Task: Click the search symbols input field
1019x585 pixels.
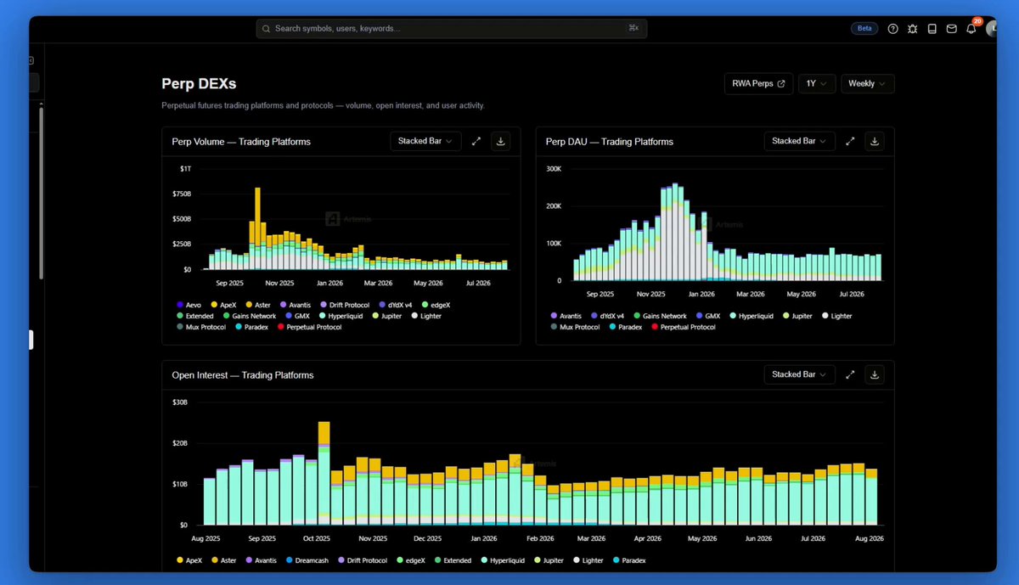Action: pos(451,29)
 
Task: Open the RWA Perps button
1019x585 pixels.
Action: pos(758,84)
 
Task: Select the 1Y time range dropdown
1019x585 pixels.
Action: pos(817,84)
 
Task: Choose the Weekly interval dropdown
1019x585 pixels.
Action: pos(867,84)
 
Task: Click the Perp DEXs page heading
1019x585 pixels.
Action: pos(199,84)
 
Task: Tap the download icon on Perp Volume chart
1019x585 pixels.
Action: pos(500,142)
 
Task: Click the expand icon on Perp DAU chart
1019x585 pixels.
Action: pos(850,142)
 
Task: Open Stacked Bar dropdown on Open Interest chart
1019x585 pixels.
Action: pos(799,374)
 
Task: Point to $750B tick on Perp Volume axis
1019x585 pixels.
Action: pos(182,194)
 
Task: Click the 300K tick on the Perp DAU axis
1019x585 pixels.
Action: pos(554,169)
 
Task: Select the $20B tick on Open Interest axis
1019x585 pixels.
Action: pos(180,443)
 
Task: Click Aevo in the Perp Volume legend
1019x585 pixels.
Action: pos(189,305)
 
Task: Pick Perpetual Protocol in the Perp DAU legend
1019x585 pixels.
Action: pos(684,327)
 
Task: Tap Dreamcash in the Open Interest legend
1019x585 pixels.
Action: pos(307,560)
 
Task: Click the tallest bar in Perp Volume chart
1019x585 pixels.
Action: pos(258,228)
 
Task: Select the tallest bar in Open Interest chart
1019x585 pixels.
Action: pos(324,473)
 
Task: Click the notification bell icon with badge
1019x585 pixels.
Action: pos(971,29)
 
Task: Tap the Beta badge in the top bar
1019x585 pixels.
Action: pos(864,28)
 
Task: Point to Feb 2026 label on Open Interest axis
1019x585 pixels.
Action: pos(540,538)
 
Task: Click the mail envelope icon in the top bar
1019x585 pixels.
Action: pos(951,29)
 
